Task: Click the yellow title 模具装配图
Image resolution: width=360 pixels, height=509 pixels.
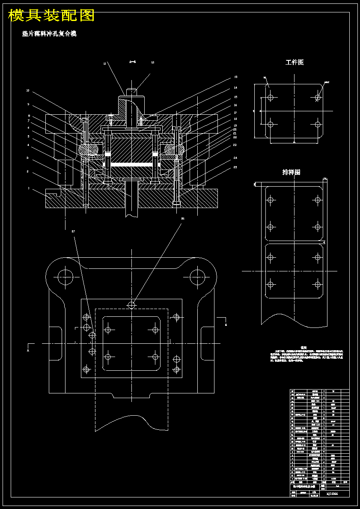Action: (51, 16)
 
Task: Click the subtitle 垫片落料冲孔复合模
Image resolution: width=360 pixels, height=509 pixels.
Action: (49, 34)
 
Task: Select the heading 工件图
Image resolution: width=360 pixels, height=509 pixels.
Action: (295, 63)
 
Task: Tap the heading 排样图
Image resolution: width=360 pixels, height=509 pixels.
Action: (291, 172)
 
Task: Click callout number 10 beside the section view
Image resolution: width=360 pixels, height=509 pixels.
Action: (27, 91)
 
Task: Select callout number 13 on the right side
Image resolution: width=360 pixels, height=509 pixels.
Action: (235, 77)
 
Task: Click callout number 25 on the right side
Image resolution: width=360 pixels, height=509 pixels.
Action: (235, 167)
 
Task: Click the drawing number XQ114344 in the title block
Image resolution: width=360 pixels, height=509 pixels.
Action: (332, 494)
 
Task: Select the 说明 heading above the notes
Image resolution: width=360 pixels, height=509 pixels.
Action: (303, 348)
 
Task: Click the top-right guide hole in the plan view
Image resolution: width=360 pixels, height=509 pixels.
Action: (197, 275)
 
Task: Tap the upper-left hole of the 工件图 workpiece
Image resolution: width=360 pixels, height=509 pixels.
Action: (270, 98)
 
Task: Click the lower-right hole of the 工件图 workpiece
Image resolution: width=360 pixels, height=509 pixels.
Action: (318, 125)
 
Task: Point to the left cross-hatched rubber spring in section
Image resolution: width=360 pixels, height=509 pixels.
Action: (88, 149)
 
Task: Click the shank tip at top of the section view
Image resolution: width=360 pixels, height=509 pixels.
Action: (132, 91)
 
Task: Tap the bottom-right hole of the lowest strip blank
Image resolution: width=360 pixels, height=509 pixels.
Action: (318, 284)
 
